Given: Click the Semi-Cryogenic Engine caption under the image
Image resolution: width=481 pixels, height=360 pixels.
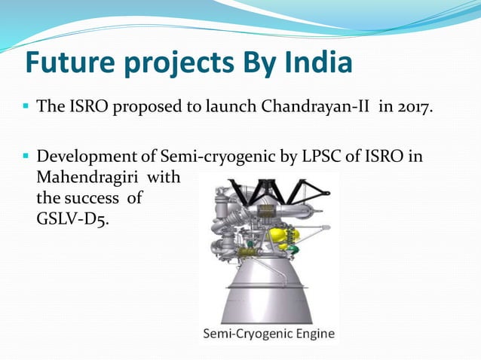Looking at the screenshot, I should pos(268,334).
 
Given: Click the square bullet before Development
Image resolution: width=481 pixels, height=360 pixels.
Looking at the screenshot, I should pos(24,158).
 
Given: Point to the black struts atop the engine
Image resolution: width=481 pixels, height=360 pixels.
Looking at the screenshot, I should pos(268,189).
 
